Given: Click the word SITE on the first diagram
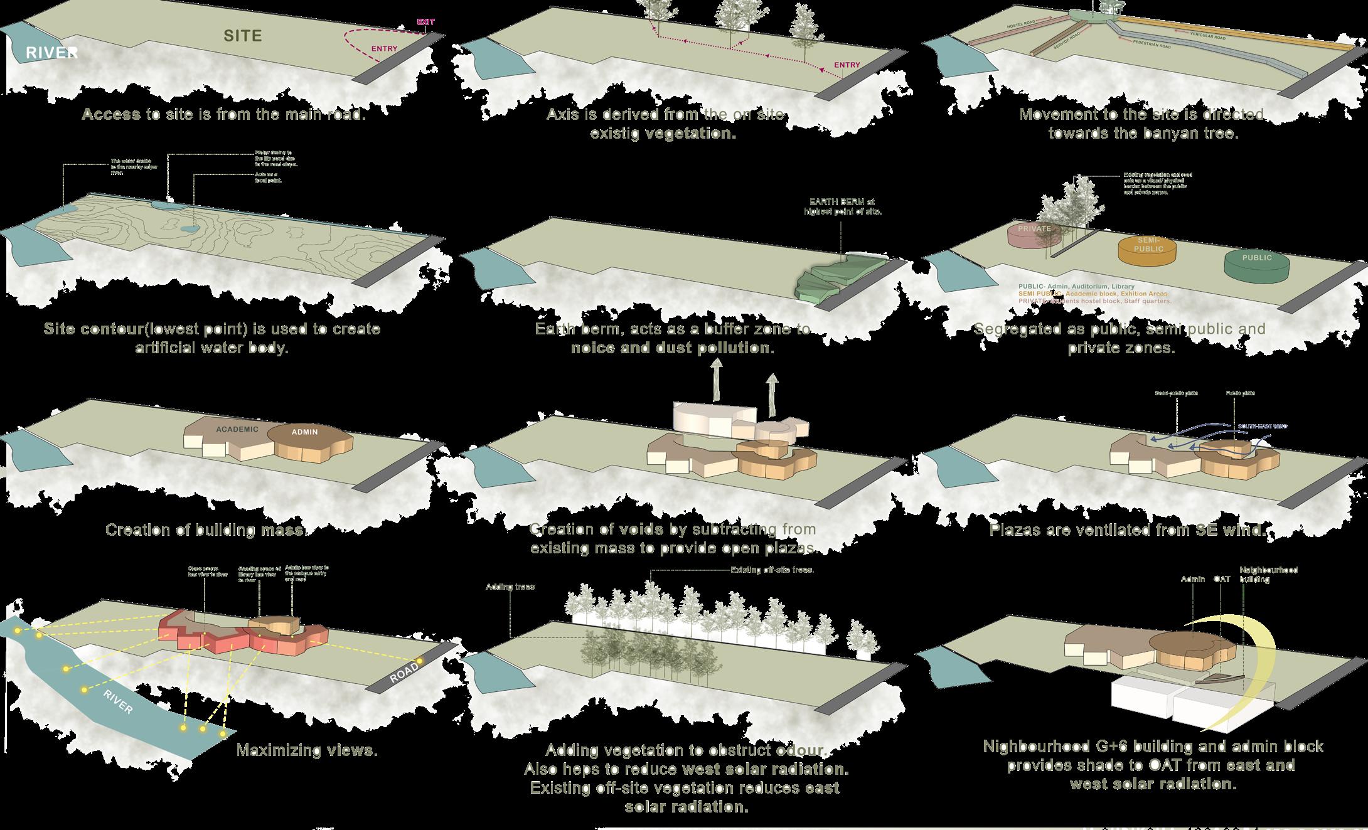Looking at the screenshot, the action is click(243, 36).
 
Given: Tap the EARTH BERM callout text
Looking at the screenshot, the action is click(843, 206).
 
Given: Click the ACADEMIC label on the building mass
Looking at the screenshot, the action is click(237, 430).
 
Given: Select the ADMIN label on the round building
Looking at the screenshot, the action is click(304, 432).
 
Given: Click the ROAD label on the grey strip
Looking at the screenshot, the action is click(403, 673).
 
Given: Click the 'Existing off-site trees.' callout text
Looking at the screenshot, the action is click(772, 570).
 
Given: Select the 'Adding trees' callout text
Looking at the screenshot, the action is click(510, 587).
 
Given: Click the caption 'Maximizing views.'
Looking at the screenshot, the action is click(307, 750).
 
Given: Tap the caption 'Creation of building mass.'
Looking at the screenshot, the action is click(206, 530).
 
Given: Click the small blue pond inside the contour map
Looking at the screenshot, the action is click(188, 229).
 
